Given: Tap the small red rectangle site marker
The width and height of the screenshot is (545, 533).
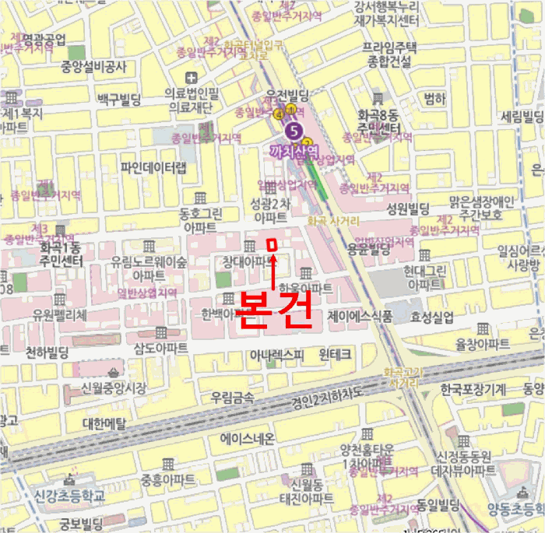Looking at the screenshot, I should tap(272, 246).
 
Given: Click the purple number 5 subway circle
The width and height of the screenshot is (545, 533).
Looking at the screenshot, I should tap(294, 130).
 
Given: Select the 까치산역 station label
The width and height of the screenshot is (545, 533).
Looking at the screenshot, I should tap(294, 151).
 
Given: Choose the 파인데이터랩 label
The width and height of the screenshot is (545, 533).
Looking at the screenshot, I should tap(154, 167).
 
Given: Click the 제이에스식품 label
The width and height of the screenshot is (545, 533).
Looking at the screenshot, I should tap(360, 317).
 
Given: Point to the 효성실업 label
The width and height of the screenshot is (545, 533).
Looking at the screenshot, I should tap(431, 317).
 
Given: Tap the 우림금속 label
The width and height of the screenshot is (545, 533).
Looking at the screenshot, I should tap(232, 398).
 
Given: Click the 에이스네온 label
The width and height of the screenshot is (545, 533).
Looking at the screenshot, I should tap(248, 439).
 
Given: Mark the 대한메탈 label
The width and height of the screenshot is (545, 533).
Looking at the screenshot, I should tap(104, 423).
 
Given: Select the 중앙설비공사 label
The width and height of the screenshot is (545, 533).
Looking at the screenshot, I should tap(93, 66).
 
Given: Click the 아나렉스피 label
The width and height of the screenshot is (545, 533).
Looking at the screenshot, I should tap(277, 355).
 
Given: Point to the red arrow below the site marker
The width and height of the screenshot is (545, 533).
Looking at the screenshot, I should tap(273, 274).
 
